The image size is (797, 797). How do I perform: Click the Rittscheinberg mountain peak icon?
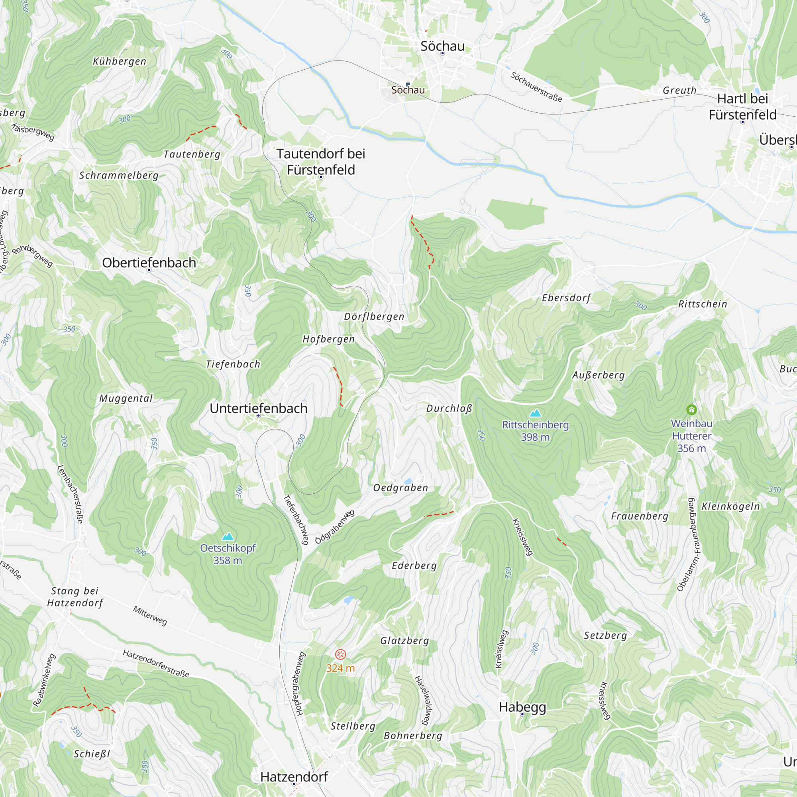535,413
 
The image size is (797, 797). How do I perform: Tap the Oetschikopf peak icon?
228,536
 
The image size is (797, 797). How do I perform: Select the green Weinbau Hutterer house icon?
692,410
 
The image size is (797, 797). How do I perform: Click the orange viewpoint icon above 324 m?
340,654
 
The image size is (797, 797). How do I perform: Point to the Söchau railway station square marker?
408,84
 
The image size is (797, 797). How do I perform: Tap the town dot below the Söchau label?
442,53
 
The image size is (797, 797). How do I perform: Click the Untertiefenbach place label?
259,408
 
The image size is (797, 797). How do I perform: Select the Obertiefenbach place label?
149,263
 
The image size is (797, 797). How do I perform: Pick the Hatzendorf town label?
294,777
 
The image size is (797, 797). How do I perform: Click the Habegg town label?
522,707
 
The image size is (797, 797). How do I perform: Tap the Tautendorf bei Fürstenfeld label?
321,162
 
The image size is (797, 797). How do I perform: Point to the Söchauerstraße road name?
536,87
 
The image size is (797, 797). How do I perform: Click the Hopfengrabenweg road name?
300,683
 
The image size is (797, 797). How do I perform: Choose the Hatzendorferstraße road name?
156,664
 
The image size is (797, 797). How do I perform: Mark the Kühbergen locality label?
120,61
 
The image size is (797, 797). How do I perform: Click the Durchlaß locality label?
449,408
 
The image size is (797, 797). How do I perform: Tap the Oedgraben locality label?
400,488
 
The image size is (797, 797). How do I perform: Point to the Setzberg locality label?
605,635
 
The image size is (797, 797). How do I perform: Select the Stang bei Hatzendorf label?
75,597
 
